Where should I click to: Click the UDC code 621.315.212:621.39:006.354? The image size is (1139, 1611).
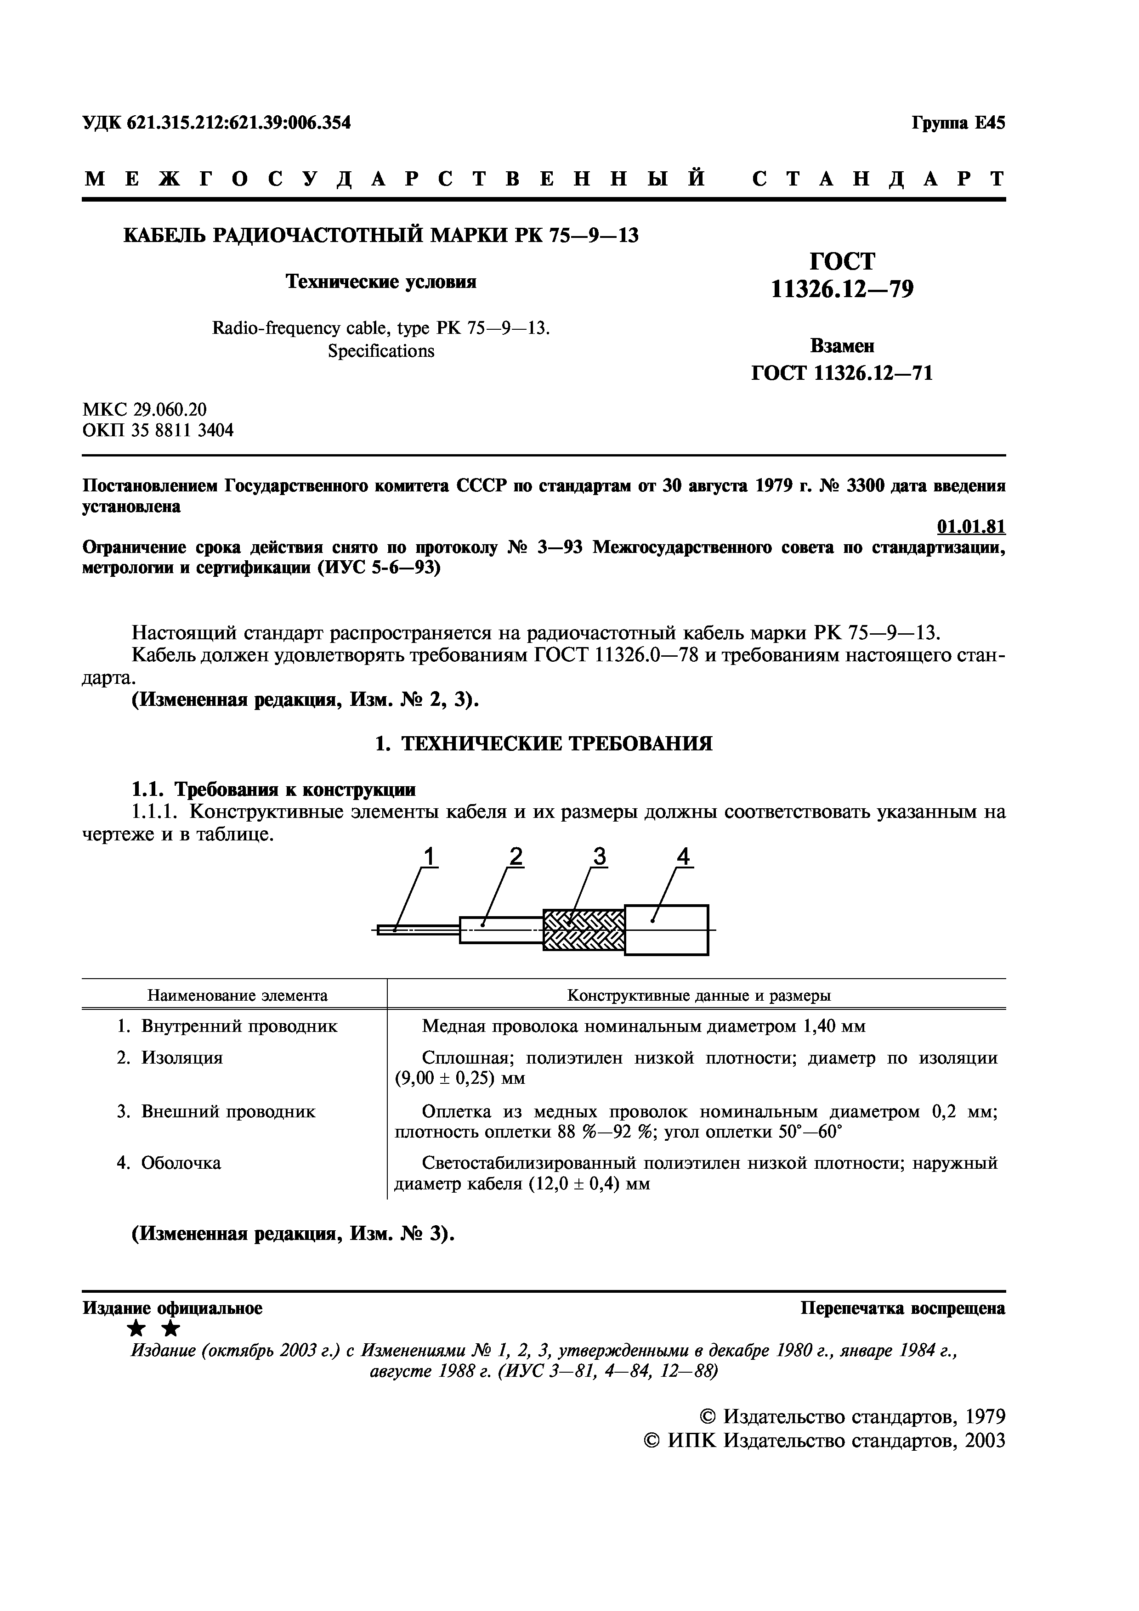coord(238,123)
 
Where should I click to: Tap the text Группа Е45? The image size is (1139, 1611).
coord(958,123)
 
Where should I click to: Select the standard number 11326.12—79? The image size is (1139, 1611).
coord(842,288)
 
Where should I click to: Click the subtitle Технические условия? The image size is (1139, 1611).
coord(380,282)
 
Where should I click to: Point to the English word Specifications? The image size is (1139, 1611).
coord(380,351)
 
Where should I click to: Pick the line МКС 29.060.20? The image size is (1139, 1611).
coord(145,409)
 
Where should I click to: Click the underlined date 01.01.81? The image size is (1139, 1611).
coord(970,526)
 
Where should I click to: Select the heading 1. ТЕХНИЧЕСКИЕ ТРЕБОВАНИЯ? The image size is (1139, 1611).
coord(544,744)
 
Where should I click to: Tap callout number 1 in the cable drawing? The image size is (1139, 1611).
coord(430,857)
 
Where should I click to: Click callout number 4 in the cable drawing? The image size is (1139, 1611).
coord(683,857)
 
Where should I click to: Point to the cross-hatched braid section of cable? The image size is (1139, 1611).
coord(584,930)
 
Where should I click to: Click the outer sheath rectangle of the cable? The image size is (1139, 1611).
coord(667,930)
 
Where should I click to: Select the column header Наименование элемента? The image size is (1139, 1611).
coord(237,995)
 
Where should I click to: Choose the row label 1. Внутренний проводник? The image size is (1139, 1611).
coord(227,1026)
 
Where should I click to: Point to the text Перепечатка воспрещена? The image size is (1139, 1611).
coord(902,1308)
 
